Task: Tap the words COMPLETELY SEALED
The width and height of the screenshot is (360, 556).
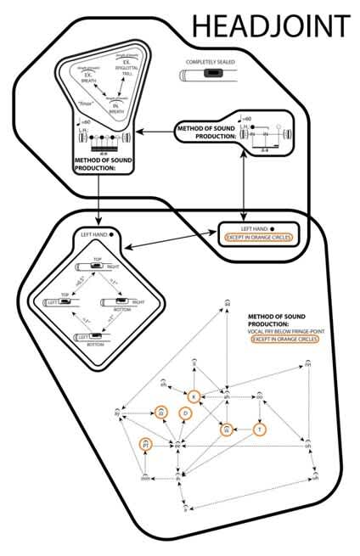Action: (x=211, y=62)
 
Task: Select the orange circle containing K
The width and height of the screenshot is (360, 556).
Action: (x=194, y=396)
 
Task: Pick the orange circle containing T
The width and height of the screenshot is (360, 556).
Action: (x=260, y=430)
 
